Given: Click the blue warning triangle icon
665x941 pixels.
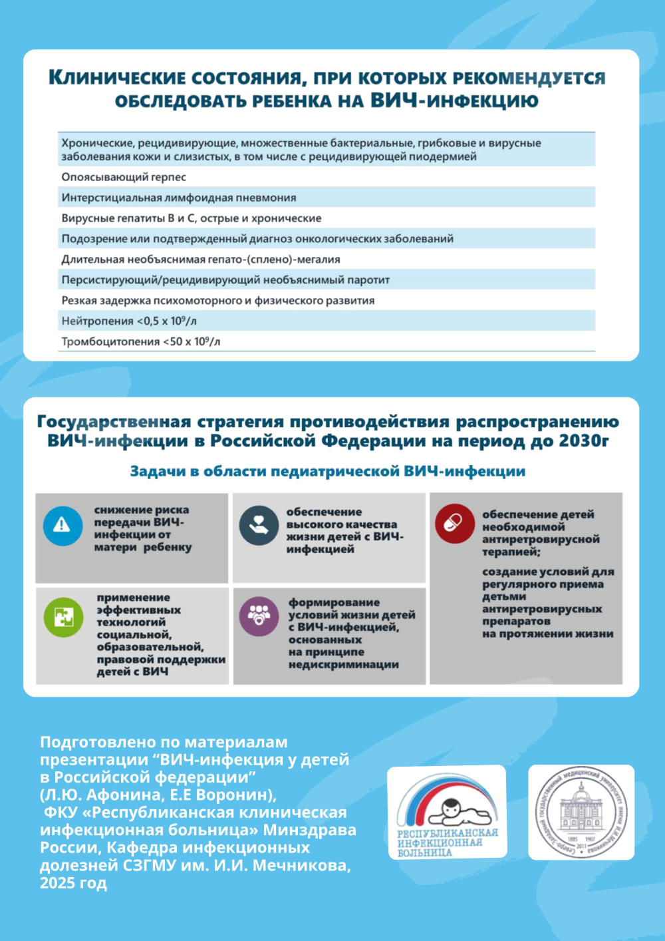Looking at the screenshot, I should coord(63,525).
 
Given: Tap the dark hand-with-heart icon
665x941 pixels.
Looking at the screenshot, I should coord(258,525).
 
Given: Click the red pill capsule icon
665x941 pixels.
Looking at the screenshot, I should coord(454,523).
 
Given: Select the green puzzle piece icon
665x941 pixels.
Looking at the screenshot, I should coord(63,616).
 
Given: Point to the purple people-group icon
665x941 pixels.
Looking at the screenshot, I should coord(258,616).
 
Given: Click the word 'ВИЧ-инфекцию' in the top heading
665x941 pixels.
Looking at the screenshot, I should coord(454,101).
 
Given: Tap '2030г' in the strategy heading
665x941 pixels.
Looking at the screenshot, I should coord(583,441).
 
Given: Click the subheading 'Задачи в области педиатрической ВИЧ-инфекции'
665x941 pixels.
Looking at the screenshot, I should coord(328,471).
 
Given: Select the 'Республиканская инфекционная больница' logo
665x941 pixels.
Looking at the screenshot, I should coord(447,812).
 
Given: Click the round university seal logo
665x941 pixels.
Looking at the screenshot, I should coord(581,812).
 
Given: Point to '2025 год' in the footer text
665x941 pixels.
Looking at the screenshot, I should coord(73,883).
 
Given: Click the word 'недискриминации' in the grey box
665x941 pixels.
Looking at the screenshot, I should coord(344,664).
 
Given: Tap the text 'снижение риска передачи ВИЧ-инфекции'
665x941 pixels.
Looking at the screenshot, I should coord(142,522).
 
